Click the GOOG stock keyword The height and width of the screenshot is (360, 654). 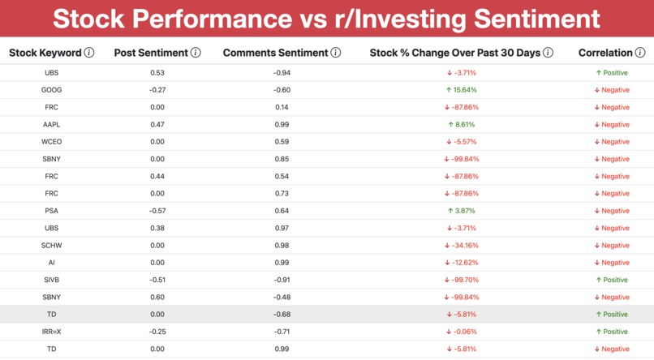[x=51, y=90]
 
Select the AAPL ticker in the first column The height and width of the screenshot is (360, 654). [x=51, y=125]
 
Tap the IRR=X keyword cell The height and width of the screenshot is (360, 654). [x=51, y=332]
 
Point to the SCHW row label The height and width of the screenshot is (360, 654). [x=51, y=246]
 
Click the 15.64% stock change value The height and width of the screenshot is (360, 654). [x=462, y=90]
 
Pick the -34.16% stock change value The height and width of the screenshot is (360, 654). [x=462, y=246]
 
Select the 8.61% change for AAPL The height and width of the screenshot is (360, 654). [x=462, y=125]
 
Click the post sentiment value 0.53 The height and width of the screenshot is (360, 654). [x=157, y=73]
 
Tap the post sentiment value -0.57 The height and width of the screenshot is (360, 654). [x=157, y=211]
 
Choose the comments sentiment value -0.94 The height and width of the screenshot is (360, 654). [x=282, y=73]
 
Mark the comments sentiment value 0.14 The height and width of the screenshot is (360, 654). [x=282, y=108]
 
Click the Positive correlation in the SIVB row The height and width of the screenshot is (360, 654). [x=612, y=280]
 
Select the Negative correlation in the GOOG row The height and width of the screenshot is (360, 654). [x=612, y=90]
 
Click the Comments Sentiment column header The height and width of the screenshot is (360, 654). [x=275, y=53]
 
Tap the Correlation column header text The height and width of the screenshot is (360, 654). [x=605, y=53]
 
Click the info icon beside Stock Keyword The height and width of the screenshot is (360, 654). [x=89, y=53]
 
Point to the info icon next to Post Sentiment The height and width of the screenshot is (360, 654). [x=196, y=53]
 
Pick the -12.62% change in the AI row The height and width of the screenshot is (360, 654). [x=462, y=263]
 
